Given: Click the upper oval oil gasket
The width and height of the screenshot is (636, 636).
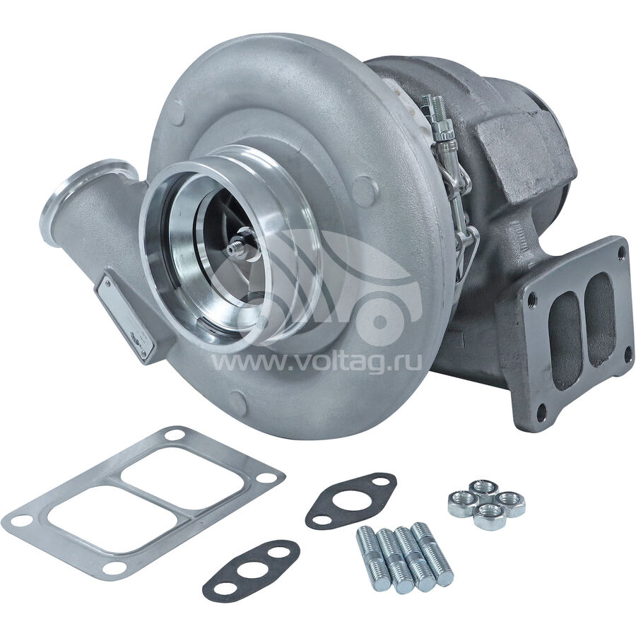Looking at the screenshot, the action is [x=351, y=500].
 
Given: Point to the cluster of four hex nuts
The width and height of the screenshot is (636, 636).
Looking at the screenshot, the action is [x=486, y=504].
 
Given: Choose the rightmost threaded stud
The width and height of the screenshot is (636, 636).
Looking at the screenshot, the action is [x=432, y=548].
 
